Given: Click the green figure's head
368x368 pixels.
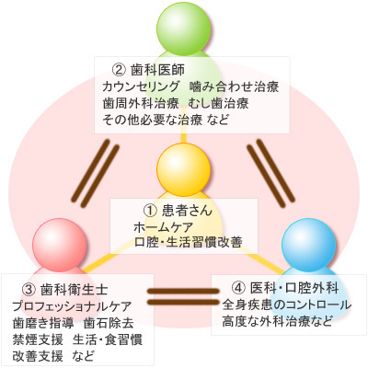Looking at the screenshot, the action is point(184,29).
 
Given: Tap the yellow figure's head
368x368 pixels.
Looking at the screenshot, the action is point(184,168).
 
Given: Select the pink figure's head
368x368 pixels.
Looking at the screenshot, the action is point(60,245).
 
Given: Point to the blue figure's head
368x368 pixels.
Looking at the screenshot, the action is point(308,245).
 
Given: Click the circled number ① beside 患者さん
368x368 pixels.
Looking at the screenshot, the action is point(151,211).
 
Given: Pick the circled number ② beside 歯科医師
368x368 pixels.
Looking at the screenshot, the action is point(120,70).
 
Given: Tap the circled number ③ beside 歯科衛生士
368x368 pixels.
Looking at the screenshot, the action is point(29,290).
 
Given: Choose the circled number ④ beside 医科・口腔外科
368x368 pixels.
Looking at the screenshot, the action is point(239,288).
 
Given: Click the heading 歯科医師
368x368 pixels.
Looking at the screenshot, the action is point(157,70).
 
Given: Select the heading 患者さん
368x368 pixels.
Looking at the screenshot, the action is point(187,211).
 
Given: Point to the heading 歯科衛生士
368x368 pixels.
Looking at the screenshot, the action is point(75,290).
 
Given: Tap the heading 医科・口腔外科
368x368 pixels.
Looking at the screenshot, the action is point(294,288).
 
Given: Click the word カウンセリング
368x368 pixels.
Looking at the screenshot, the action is point(141,86).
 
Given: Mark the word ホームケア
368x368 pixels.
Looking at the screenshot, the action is point(163,227).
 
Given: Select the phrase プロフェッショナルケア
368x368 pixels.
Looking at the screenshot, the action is point(72,306).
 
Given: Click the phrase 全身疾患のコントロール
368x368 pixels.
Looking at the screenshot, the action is point(287,305).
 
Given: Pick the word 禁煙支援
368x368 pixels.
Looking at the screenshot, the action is point(38,339).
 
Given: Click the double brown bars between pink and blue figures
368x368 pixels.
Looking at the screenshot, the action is point(183,296).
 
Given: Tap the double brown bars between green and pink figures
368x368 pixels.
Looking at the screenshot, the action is point(96,173).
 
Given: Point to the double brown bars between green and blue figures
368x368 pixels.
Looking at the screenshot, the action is point(271,173).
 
